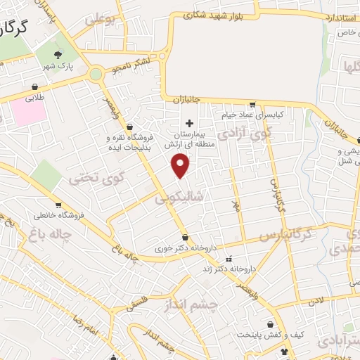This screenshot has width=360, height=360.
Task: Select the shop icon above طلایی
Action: [34, 87]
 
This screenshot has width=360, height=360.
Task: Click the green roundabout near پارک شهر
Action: [96, 73]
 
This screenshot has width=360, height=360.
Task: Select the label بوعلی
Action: [98, 21]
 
